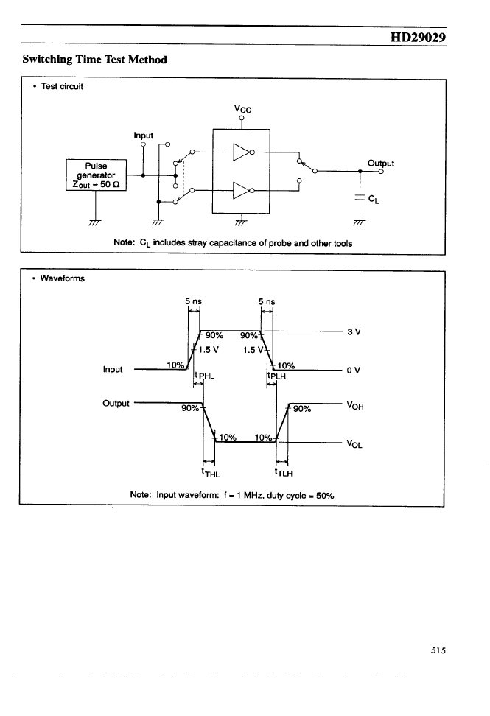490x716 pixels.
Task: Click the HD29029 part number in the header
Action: pyautogui.click(x=418, y=37)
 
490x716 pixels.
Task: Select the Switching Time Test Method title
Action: pyautogui.click(x=94, y=60)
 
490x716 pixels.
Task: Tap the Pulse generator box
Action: pyautogui.click(x=96, y=175)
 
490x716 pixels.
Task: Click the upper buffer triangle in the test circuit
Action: pyautogui.click(x=242, y=152)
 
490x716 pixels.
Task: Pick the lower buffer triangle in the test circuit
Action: pyautogui.click(x=242, y=190)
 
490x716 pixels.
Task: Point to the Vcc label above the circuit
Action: pyautogui.click(x=242, y=109)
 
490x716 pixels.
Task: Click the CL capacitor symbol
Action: pyautogui.click(x=360, y=197)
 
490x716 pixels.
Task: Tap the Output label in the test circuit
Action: pyautogui.click(x=381, y=163)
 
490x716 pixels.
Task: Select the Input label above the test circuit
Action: pyautogui.click(x=144, y=136)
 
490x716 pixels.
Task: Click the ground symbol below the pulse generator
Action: pyautogui.click(x=95, y=222)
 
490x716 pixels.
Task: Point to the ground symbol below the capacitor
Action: pyautogui.click(x=360, y=222)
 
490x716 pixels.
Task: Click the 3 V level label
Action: pyautogui.click(x=354, y=332)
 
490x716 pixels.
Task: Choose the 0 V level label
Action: pyautogui.click(x=354, y=370)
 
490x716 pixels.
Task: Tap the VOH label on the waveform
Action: pyautogui.click(x=355, y=405)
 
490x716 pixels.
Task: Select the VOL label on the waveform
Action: pyautogui.click(x=354, y=443)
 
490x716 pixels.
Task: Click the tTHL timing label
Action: pyautogui.click(x=211, y=473)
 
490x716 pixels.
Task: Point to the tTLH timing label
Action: pyautogui.click(x=284, y=473)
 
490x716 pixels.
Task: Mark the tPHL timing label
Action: pyautogui.click(x=204, y=376)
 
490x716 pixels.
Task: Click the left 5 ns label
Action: pyautogui.click(x=193, y=301)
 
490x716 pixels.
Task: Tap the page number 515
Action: pyautogui.click(x=438, y=650)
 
